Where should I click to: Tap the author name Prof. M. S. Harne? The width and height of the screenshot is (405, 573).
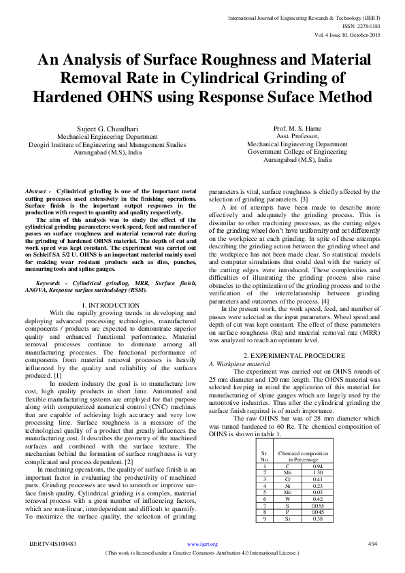tap(297, 128)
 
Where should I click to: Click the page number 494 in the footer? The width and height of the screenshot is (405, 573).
tap(372, 544)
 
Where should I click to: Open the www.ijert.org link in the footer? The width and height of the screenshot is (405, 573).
tap(202, 544)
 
